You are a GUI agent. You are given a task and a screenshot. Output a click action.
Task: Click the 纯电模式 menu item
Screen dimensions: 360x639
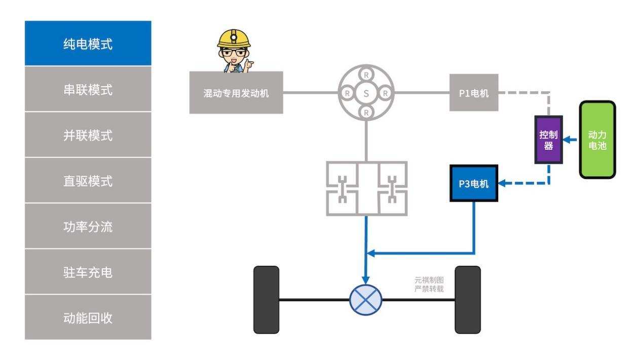88,44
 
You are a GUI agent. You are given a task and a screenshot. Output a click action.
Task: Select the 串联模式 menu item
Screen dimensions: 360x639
88,90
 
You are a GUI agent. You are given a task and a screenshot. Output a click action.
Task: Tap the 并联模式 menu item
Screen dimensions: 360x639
88,135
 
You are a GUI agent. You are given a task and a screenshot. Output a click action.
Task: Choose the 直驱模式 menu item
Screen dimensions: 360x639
88,181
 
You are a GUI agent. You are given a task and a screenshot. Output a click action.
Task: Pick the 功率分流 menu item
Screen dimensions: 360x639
88,227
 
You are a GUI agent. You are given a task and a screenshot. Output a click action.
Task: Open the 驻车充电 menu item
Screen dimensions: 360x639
88,272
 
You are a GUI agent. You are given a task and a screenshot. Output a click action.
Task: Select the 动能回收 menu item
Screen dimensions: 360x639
88,318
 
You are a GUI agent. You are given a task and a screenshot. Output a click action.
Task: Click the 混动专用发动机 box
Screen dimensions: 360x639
236,93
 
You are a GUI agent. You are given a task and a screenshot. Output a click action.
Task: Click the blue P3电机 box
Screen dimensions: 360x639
474,184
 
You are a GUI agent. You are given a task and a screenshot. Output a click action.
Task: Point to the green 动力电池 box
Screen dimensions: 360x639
597,140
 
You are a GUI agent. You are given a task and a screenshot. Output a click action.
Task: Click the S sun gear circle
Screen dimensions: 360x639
366,93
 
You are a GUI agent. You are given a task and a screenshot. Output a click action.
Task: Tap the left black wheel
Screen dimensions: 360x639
266,299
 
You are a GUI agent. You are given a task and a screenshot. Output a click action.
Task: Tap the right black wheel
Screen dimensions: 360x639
467,299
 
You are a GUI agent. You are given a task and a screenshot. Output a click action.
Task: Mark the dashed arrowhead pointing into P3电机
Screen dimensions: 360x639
502,184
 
